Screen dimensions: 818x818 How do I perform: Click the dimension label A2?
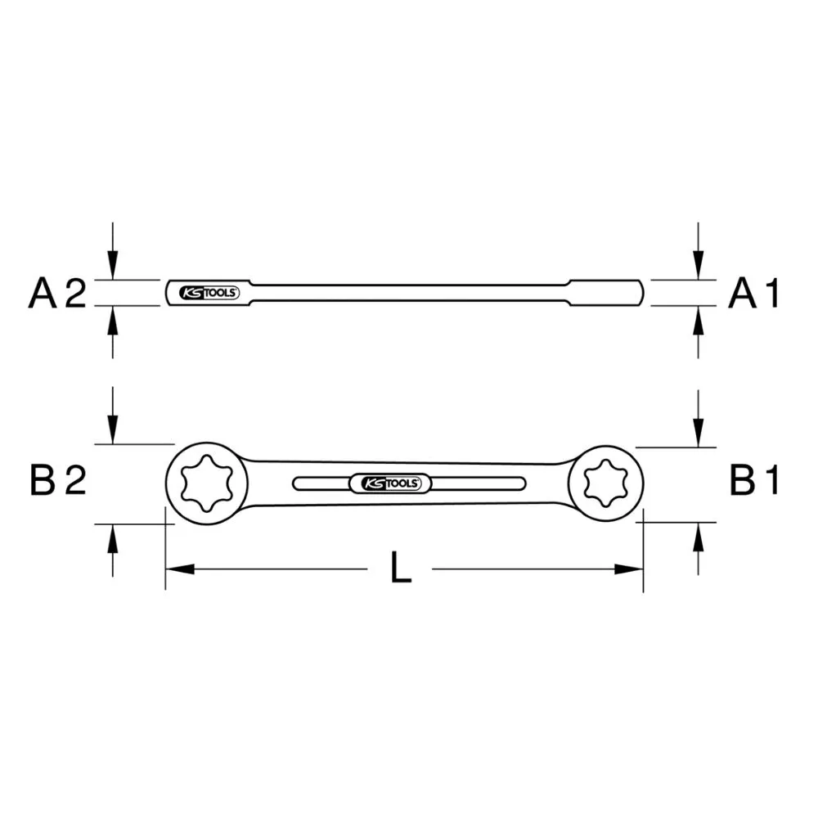point(57,293)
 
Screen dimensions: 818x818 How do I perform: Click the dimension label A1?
point(755,293)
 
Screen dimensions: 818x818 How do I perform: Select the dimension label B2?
point(57,481)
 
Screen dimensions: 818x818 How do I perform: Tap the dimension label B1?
point(755,481)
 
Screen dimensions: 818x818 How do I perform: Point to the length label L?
point(400,568)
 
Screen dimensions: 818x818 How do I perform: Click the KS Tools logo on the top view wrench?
point(391,484)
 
